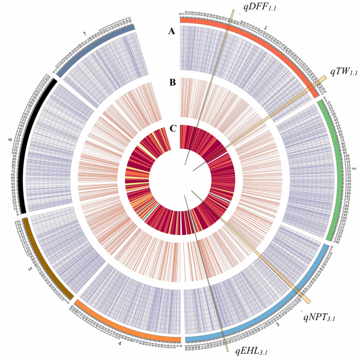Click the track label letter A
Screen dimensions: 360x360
point(171,32)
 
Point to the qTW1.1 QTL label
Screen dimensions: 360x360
point(344,70)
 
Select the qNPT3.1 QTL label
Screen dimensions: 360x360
point(318,316)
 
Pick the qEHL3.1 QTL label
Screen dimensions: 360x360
point(252,351)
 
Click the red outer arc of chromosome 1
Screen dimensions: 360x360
point(263,43)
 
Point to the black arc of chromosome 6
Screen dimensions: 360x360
point(24,147)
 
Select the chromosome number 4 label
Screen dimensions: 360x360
point(119,344)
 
